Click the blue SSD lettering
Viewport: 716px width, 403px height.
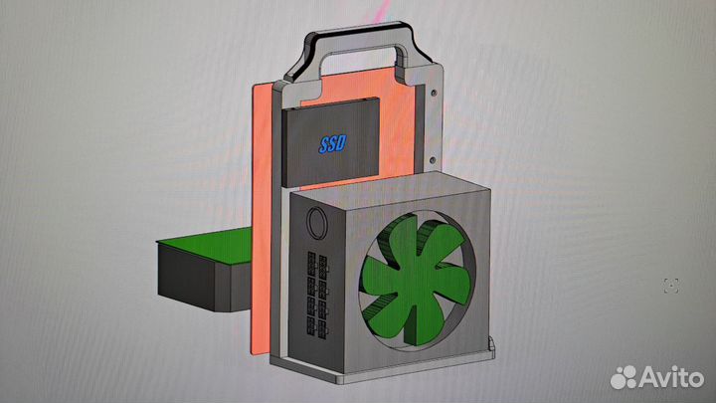coord(333,144)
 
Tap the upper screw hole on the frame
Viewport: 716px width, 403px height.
coord(433,94)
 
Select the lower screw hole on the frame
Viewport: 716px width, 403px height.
coord(432,161)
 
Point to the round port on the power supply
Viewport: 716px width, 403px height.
coord(315,224)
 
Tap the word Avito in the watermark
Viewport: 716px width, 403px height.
coord(671,377)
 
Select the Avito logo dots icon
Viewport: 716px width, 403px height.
coord(624,377)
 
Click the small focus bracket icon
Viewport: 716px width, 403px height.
coord(671,286)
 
